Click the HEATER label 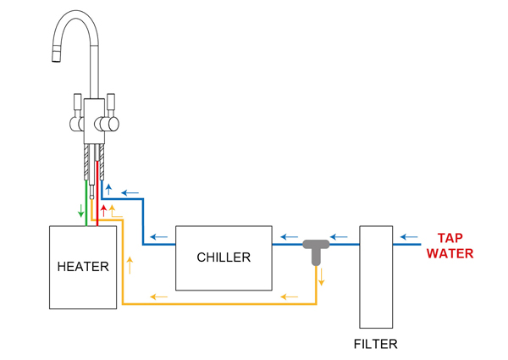(83, 267)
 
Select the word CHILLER (224, 258)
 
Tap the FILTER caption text (375, 345)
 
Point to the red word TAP (450, 239)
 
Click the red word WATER (450, 253)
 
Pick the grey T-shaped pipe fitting (316, 248)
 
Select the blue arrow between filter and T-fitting (339, 237)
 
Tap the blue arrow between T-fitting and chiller (290, 237)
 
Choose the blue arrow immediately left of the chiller (158, 237)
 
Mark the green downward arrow (81, 210)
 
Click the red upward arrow (104, 209)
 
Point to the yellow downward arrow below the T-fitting (322, 277)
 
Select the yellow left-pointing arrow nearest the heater (158, 296)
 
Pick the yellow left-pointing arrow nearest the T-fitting (290, 296)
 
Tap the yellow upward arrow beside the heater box (130, 263)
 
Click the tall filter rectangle (376, 277)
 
